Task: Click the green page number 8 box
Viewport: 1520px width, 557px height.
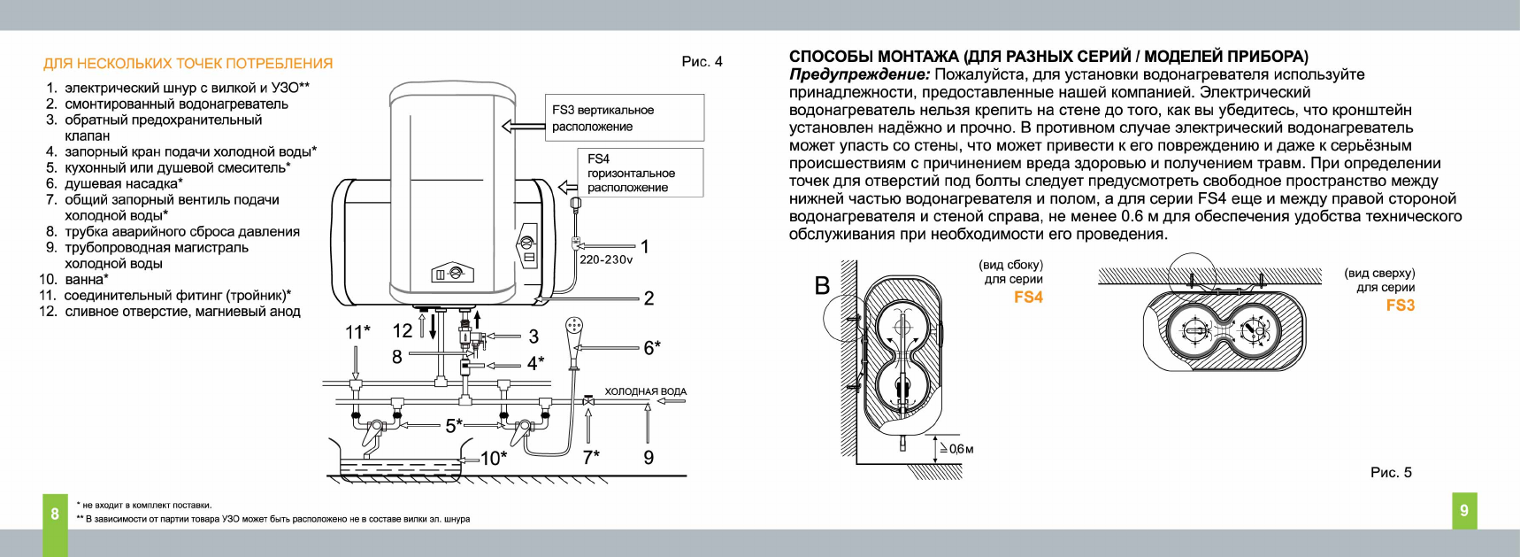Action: (55, 513)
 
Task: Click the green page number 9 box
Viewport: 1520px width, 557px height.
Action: (1464, 510)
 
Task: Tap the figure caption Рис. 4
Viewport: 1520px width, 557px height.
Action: (702, 61)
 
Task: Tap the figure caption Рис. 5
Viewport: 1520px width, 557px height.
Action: (1391, 472)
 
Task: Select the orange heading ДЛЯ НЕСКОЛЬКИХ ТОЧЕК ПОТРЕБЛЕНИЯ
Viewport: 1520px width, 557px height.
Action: (188, 64)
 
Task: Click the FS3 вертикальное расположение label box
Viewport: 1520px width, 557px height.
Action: (624, 118)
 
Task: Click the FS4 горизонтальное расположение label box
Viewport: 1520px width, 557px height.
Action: (631, 173)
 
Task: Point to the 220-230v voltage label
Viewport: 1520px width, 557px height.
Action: (606, 259)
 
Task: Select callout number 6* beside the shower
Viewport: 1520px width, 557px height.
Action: (652, 348)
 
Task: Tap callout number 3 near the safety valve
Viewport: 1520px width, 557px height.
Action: (534, 337)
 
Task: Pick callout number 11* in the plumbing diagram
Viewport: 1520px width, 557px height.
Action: (357, 332)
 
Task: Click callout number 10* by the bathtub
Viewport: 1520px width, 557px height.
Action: (494, 458)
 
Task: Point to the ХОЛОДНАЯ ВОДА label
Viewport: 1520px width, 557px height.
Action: (645, 391)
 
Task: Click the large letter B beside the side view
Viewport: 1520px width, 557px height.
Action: (822, 285)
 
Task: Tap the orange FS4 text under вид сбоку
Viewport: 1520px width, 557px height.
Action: (1028, 298)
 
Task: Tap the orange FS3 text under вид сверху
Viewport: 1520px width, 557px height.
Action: (1400, 306)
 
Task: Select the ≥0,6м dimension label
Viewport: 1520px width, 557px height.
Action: (956, 449)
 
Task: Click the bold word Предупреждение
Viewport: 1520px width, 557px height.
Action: (859, 75)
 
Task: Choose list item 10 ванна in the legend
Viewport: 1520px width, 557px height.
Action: (75, 280)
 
